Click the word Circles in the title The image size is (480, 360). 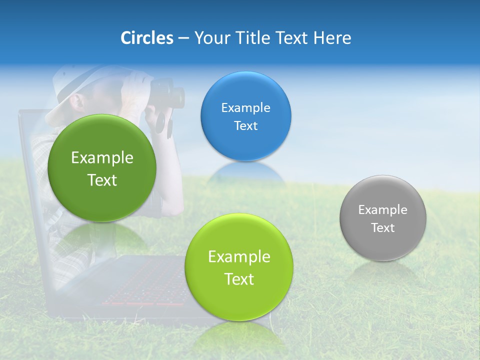(146, 38)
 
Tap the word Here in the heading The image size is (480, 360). (332, 38)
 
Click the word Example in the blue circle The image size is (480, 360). (245, 108)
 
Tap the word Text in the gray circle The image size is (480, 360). (382, 228)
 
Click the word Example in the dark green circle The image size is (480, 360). (102, 158)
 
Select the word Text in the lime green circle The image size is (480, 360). (239, 279)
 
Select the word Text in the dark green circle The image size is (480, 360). (102, 180)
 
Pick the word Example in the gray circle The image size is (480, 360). (382, 210)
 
